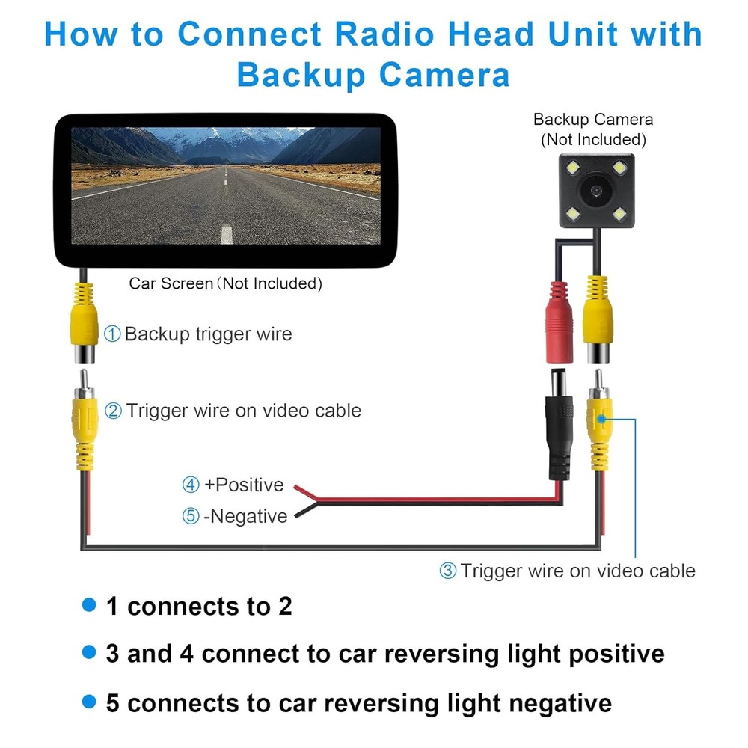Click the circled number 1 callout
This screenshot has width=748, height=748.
tap(111, 334)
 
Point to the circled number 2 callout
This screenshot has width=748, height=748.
tap(113, 411)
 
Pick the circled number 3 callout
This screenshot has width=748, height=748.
tap(447, 571)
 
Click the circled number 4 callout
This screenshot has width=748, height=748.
tap(191, 485)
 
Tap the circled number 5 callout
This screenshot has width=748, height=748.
tap(191, 516)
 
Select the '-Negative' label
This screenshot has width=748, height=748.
tap(245, 516)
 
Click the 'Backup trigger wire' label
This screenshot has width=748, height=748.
tap(208, 334)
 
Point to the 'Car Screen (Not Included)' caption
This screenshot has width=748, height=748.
tap(225, 283)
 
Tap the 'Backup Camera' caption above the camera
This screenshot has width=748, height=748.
tap(592, 120)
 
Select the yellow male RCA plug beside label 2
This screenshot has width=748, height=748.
tap(84, 426)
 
